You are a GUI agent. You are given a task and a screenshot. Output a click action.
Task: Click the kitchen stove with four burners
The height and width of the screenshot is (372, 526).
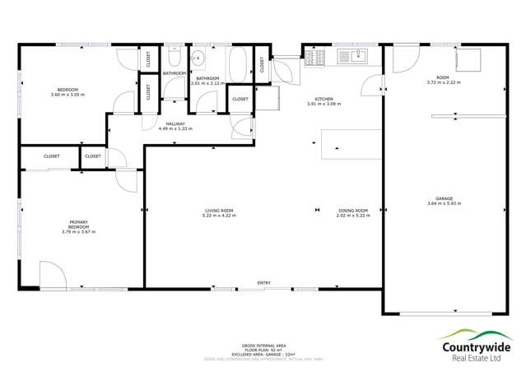point(315,57)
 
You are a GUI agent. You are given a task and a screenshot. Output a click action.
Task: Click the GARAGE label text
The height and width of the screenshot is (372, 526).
point(445,198)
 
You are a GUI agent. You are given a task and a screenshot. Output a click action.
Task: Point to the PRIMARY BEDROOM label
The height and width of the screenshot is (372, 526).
point(78,226)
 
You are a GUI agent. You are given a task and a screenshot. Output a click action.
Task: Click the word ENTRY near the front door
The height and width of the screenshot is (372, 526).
point(263,283)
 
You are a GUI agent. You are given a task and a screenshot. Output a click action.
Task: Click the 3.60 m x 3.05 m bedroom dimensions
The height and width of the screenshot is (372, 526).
point(67,95)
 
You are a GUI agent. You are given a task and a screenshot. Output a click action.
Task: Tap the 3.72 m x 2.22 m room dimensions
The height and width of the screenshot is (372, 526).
point(443,82)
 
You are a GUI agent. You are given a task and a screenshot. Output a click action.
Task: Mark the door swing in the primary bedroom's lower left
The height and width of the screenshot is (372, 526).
point(49,276)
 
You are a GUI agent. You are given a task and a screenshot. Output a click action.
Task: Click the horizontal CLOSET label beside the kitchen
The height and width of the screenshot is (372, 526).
point(240,99)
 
